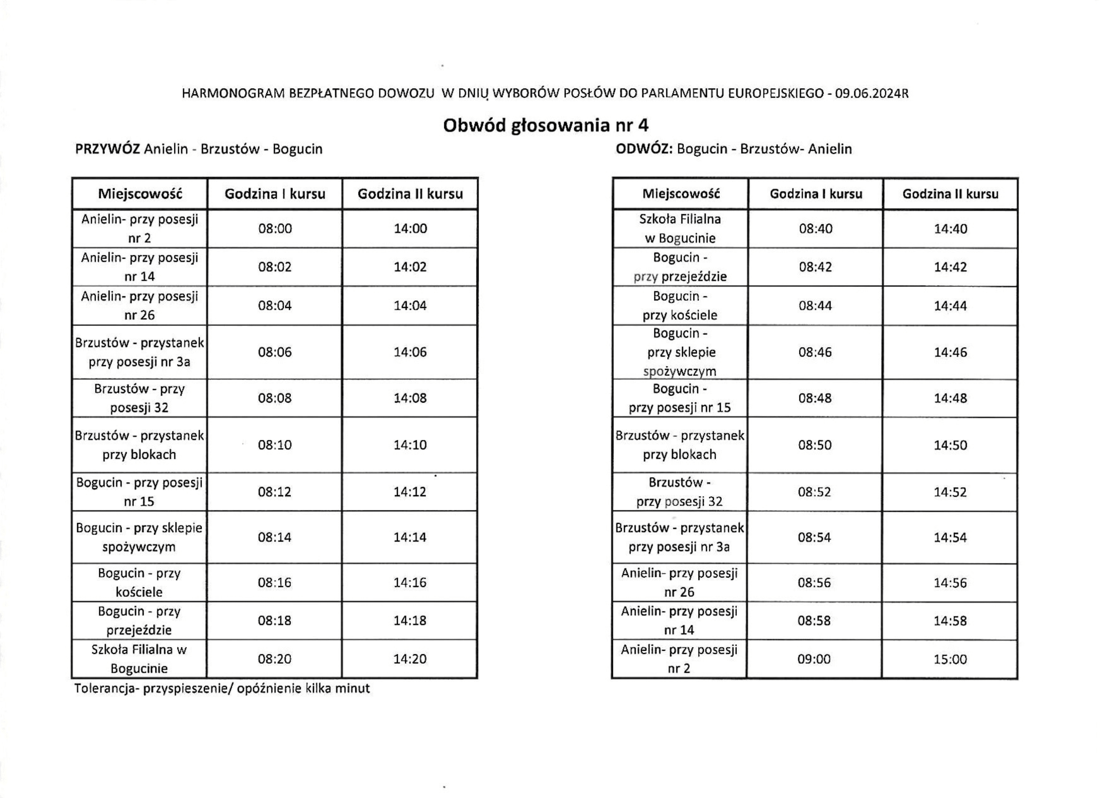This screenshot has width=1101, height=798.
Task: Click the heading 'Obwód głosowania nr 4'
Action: coord(546,126)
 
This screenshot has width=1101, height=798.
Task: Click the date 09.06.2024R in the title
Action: coord(871,94)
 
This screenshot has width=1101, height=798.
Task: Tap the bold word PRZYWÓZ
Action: coord(107,149)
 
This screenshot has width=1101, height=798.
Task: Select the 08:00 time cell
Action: coord(275,228)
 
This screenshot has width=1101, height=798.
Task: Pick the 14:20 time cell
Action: coord(410,658)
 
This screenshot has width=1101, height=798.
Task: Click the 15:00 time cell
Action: coord(950,659)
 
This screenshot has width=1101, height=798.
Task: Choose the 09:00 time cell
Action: coord(814,659)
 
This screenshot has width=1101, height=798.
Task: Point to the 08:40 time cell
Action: coord(815,228)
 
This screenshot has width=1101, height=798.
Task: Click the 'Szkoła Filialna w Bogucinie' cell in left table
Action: coord(140,658)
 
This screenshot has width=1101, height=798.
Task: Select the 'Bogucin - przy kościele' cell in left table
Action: coord(140,582)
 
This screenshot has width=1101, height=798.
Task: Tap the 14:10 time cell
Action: coord(410,445)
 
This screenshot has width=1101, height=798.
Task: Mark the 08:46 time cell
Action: coord(815,352)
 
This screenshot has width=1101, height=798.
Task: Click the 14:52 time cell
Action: coord(950,491)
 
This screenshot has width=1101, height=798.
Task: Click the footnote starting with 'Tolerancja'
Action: coord(222,689)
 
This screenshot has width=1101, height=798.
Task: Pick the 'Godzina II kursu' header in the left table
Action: coord(410,194)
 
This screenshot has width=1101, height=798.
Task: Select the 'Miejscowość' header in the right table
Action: coord(681,194)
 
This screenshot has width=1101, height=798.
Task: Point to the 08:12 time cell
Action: coord(275,491)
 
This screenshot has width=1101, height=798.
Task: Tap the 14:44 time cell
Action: coord(950,306)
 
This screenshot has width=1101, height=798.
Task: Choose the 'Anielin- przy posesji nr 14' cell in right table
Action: coord(679,620)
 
